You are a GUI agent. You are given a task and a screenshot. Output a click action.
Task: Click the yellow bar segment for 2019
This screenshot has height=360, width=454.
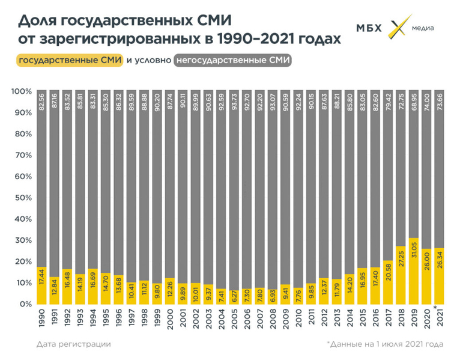[413, 271]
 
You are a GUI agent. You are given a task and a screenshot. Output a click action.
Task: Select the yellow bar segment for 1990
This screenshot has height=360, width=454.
[42, 285]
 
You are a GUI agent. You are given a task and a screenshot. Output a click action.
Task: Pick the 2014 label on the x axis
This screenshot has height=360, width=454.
[348, 317]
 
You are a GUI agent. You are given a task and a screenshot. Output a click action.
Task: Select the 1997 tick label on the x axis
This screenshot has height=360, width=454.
[132, 317]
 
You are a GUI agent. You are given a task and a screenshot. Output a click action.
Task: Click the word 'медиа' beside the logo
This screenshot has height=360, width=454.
[423, 28]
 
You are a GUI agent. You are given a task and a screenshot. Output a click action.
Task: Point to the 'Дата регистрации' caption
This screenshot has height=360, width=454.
[73, 344]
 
